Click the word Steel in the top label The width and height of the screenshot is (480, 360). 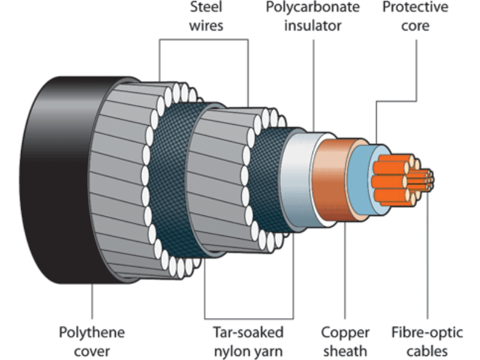click(206, 8)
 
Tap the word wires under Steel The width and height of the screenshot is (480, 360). click(206, 26)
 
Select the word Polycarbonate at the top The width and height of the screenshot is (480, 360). click(313, 8)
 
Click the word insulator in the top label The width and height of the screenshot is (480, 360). click(313, 26)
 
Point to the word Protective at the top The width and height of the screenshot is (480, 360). click(415, 8)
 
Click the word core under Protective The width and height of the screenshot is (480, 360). click(415, 26)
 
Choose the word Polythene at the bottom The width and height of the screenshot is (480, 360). click(92, 332)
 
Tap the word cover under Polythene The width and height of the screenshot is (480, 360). click(92, 350)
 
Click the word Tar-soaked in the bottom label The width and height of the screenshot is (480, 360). click(248, 332)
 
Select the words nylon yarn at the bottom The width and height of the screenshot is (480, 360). click(248, 350)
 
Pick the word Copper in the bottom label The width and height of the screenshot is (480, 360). click(345, 332)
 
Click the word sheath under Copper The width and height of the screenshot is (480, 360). click(345, 350)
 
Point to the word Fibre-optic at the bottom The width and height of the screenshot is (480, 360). click(427, 332)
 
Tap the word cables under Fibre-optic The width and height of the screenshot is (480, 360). click(427, 350)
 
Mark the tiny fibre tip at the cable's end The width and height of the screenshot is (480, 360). click(430, 178)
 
